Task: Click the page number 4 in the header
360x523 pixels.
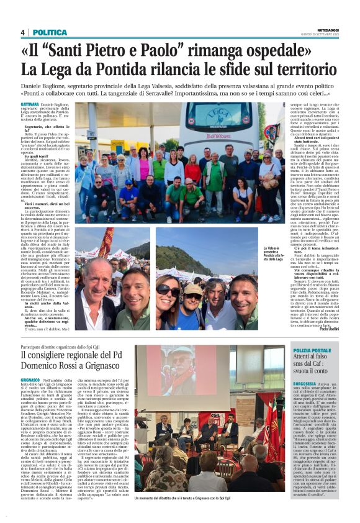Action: pos(22,32)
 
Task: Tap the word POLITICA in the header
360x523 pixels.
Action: pos(50,32)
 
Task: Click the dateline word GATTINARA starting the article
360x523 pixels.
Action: pos(30,105)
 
